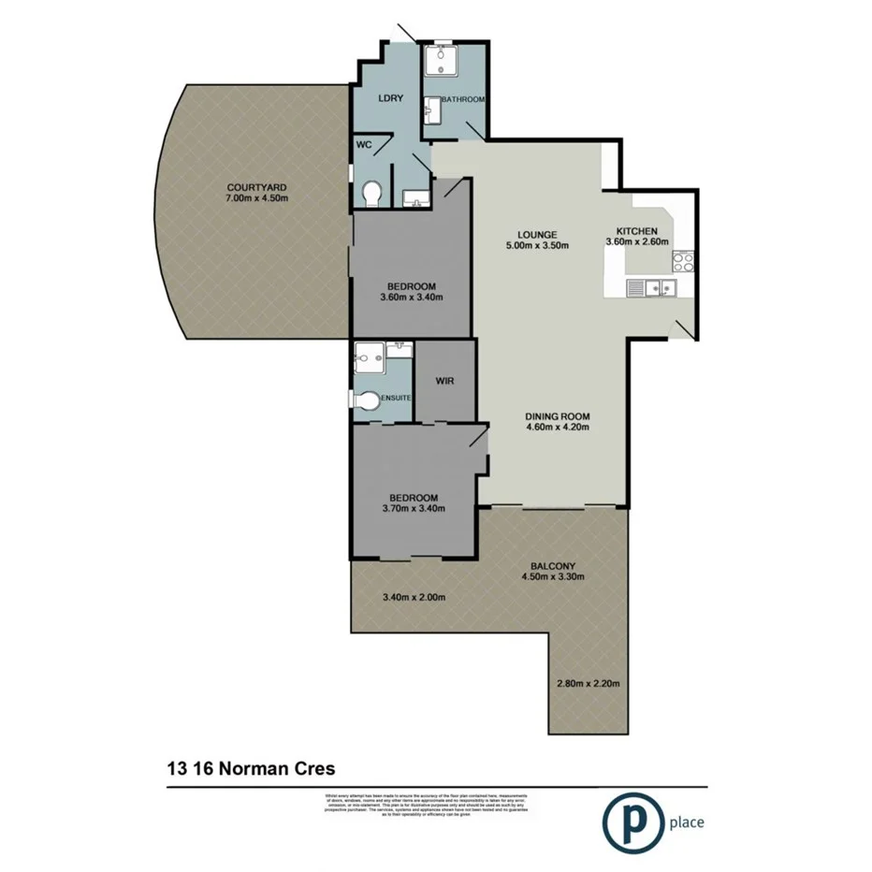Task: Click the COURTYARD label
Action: [x=255, y=186]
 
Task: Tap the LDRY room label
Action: [x=390, y=98]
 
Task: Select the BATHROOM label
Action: [x=462, y=99]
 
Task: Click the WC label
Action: [x=365, y=145]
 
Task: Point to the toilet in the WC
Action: [x=371, y=193]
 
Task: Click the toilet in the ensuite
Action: [x=367, y=400]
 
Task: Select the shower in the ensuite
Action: [x=369, y=357]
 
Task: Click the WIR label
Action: [x=444, y=382]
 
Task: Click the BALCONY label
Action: [x=553, y=564]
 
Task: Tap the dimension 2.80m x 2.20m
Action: [x=589, y=682]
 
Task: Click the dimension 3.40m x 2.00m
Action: [x=413, y=598]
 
